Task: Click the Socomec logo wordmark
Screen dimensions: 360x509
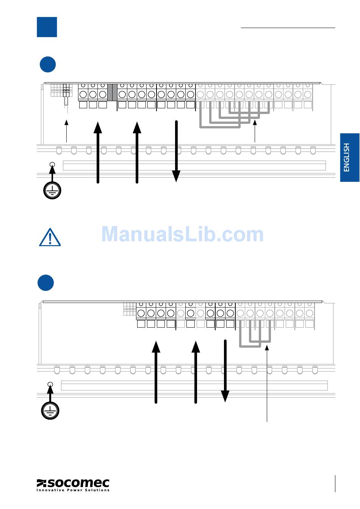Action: coord(73,483)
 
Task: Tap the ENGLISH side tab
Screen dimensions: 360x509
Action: coord(349,157)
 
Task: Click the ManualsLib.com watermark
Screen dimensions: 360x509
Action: coord(182,234)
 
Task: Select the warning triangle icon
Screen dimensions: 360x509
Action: coord(50,237)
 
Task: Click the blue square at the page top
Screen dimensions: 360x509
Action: coord(47,27)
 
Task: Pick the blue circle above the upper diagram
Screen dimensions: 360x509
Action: coord(48,64)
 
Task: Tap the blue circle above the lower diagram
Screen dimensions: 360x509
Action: coord(46,283)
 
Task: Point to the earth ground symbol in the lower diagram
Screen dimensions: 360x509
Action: coord(50,411)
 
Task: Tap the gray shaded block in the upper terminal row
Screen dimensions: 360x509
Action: coord(112,92)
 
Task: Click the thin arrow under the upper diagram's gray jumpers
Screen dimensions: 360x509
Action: coord(255,131)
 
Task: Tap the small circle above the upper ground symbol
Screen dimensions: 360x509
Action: coord(52,164)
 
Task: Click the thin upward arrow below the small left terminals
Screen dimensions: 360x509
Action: coord(67,131)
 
